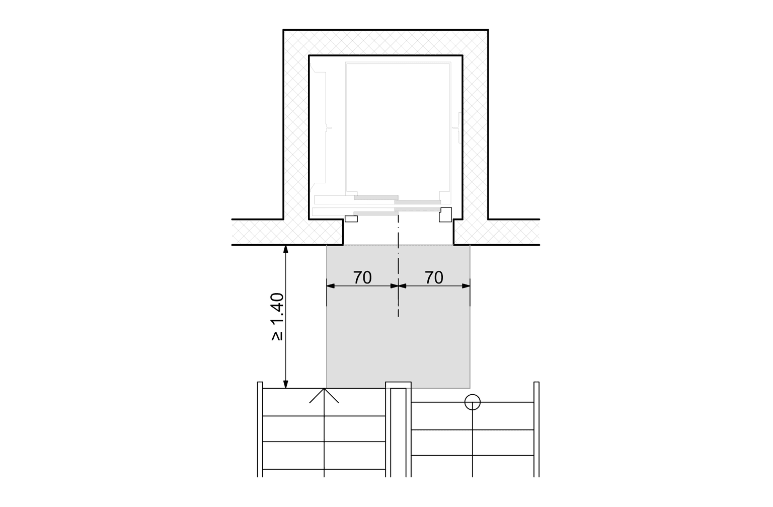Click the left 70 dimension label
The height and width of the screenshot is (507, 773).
coord(362,277)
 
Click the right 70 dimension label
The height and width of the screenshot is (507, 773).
coord(434,277)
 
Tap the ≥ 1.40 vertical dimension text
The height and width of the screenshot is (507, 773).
coord(277,317)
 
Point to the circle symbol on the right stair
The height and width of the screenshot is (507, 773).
coord(473,402)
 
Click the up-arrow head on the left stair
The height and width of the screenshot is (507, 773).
coord(324,395)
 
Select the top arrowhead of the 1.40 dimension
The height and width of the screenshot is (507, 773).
coord(285,249)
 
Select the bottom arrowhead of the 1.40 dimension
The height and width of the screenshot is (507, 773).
coord(285,384)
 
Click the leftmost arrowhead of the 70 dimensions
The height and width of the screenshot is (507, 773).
coord(331,286)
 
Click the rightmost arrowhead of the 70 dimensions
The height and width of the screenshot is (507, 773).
coord(466,286)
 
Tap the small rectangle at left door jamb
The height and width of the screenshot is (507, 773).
coord(351,219)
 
